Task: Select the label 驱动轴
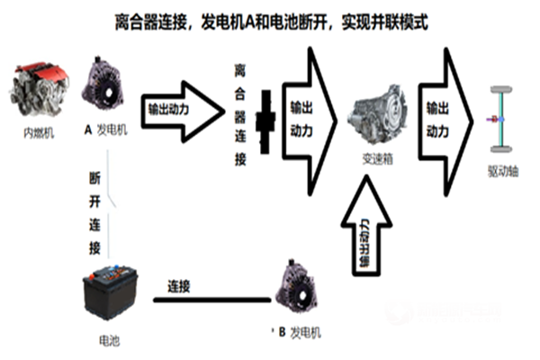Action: [x=502, y=167]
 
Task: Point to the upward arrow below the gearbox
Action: [x=367, y=230]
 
